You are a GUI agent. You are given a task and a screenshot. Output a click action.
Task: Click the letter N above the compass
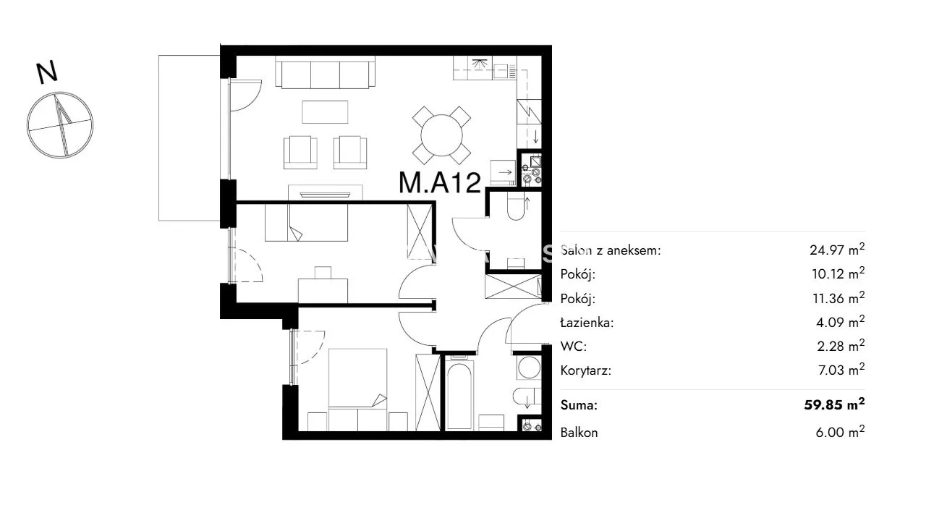47,72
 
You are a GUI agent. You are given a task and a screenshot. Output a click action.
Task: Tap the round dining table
441,135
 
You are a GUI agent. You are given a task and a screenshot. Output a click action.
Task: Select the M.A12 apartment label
440,182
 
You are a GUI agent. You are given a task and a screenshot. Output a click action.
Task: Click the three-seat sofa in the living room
326,72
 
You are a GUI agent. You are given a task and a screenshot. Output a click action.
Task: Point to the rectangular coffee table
325,111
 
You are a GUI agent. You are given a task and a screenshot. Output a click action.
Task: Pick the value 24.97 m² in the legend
837,249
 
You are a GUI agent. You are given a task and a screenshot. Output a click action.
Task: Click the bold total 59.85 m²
834,404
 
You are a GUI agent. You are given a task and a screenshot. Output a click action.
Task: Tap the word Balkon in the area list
579,433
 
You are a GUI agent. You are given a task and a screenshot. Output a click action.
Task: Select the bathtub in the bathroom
459,396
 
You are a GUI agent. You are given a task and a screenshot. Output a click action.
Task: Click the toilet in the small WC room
516,208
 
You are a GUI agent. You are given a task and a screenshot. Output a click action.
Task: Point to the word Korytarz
585,370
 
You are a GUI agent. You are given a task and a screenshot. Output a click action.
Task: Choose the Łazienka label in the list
587,323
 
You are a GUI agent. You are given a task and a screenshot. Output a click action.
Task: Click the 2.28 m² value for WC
841,345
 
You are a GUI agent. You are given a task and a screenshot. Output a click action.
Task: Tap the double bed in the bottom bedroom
357,389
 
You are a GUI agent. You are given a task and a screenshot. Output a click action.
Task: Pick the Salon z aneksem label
611,250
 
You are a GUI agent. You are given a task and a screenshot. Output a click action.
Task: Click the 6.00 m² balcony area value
840,432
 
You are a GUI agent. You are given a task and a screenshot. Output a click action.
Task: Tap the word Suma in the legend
579,405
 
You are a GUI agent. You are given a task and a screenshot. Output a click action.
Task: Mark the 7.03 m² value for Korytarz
841,369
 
